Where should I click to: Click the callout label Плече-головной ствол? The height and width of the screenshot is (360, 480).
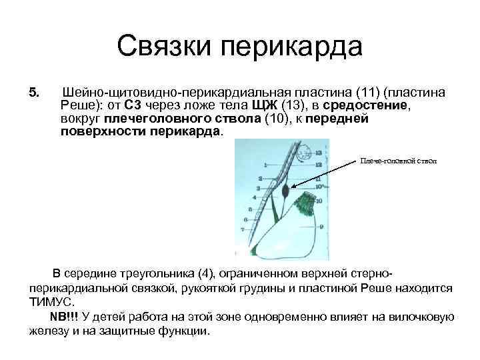399,161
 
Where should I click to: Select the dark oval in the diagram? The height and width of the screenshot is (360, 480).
285,191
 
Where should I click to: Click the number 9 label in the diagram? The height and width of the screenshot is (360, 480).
321,227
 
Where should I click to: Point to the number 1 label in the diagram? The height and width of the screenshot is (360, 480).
266,164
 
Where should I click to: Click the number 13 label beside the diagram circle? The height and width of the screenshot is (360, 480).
318,152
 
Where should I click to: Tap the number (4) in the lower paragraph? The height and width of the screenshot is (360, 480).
208,274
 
